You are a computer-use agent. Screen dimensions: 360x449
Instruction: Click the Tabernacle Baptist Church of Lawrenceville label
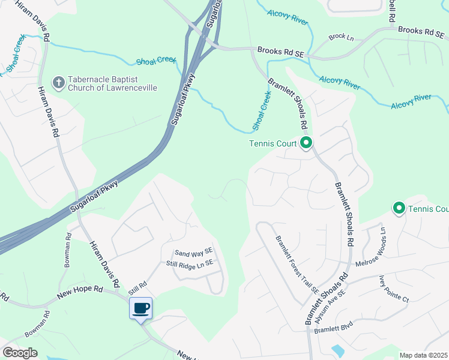click(x=112, y=83)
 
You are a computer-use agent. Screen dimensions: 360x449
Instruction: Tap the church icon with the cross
click(x=58, y=83)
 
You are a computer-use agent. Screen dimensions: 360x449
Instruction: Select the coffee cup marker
click(x=140, y=309)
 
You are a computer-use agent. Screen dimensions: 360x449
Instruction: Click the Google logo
click(x=20, y=353)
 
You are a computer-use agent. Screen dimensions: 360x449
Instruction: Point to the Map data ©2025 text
click(x=423, y=355)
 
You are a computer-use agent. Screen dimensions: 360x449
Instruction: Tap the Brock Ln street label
click(x=341, y=37)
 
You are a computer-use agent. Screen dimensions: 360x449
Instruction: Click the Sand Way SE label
click(x=193, y=253)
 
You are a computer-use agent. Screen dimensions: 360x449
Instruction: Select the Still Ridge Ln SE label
click(x=190, y=263)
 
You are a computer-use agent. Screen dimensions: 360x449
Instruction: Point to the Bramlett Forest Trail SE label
click(x=297, y=264)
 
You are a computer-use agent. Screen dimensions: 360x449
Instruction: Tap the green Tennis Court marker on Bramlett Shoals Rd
click(x=306, y=143)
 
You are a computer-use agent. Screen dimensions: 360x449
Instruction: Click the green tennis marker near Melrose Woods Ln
click(x=399, y=208)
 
